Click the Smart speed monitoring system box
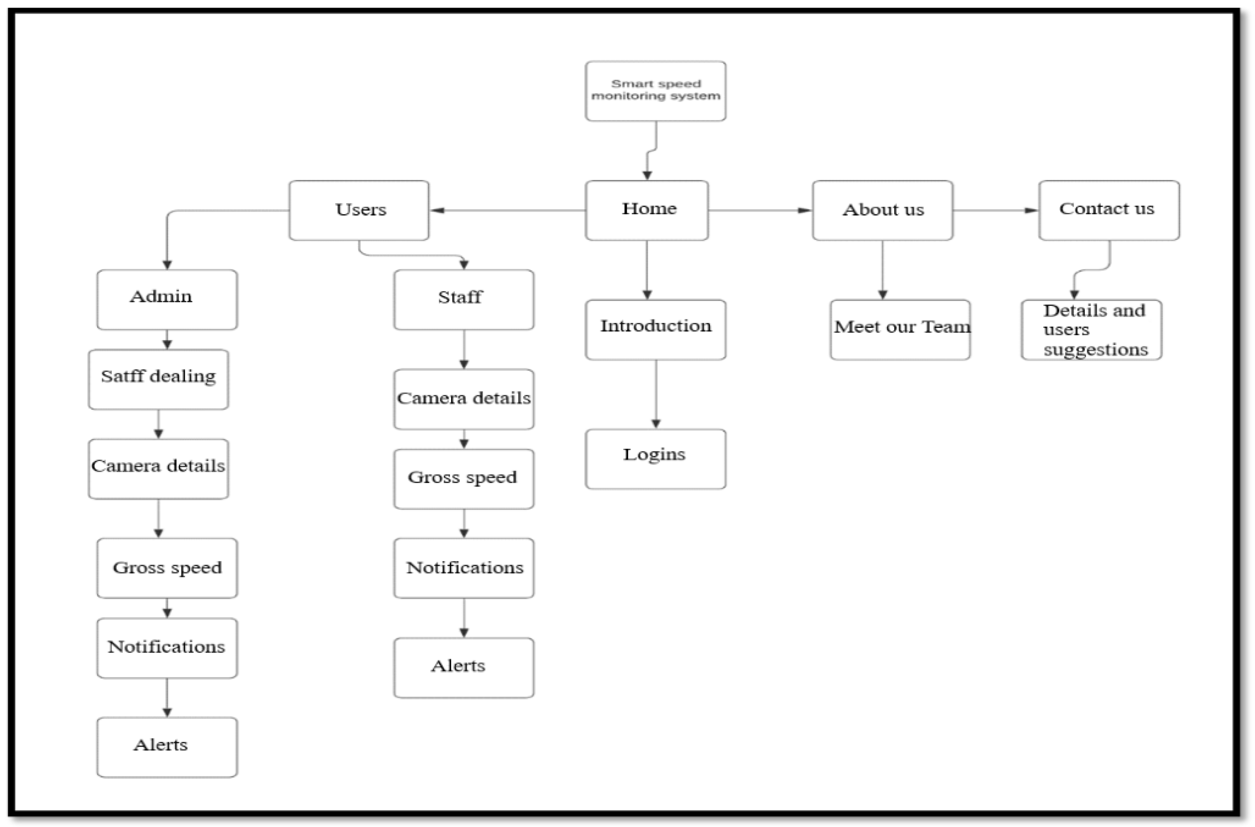click(x=655, y=91)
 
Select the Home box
click(x=647, y=210)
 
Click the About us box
click(x=882, y=210)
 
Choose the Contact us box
click(x=1109, y=210)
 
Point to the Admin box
click(x=167, y=299)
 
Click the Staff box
click(x=463, y=299)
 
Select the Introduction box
click(x=655, y=329)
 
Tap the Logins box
click(x=655, y=458)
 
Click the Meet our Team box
click(x=900, y=329)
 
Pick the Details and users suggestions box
click(x=1091, y=329)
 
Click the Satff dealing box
click(x=158, y=379)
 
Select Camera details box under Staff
click(x=463, y=399)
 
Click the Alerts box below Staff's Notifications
click(x=463, y=667)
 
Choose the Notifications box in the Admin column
click(x=167, y=647)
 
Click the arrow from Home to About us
click(x=760, y=210)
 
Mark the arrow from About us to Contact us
click(x=995, y=210)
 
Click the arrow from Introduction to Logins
click(x=656, y=394)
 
